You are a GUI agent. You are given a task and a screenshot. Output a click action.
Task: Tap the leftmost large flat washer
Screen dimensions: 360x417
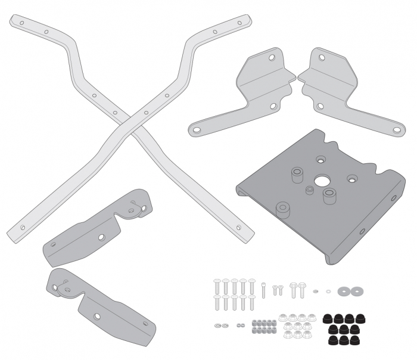[344, 291]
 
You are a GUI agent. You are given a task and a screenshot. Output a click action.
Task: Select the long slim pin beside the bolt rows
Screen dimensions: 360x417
[263, 289]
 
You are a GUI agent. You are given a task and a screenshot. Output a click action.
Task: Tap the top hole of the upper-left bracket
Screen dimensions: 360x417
[271, 58]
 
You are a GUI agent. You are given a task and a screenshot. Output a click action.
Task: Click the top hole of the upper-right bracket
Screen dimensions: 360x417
[322, 58]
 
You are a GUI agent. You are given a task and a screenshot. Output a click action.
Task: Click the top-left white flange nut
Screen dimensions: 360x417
[284, 316]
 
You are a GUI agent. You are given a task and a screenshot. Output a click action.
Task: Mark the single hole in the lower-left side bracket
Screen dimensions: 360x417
[101, 237]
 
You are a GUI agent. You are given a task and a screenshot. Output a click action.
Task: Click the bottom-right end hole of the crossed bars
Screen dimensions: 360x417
[241, 227]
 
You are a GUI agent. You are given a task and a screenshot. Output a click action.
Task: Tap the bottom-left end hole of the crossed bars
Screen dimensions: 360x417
[23, 227]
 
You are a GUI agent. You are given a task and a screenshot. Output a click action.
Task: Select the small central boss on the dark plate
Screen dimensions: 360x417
[309, 190]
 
